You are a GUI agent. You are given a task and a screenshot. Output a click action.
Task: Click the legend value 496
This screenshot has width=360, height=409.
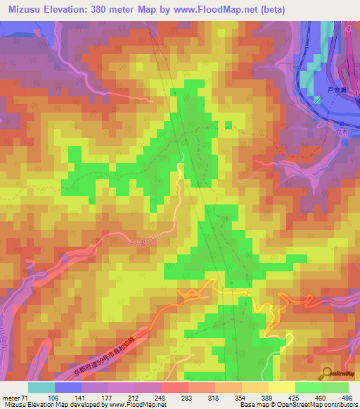click(x=345, y=398)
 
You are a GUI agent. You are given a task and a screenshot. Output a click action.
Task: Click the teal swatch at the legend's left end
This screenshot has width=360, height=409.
click(x=41, y=387)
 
